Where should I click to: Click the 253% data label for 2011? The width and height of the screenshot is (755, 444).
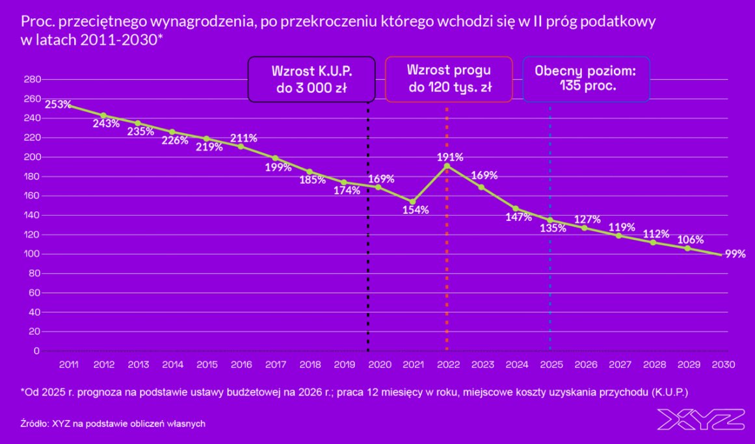(57, 104)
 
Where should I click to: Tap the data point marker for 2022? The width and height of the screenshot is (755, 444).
(447, 166)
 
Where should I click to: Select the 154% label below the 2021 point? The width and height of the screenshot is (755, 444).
(415, 210)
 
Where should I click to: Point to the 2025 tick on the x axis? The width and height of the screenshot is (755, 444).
(551, 365)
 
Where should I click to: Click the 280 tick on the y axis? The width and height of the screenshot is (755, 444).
(32, 79)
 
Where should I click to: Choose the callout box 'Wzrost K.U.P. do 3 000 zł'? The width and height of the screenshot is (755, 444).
(311, 79)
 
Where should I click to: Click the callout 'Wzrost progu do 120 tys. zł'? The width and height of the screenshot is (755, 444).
(449, 79)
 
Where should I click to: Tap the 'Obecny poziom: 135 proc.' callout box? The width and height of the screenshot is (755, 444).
(586, 79)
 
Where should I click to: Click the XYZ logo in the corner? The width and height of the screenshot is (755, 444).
(700, 419)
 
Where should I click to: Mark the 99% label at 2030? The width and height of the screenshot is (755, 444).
(735, 254)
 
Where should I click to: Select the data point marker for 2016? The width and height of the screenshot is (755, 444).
(241, 146)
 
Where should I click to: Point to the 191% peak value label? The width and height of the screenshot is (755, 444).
(450, 157)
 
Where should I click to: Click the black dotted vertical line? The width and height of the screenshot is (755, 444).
(368, 260)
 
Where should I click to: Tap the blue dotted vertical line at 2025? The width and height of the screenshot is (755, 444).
(550, 293)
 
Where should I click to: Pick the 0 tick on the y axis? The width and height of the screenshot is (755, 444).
(36, 351)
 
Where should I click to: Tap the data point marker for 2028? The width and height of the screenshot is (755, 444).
(653, 242)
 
